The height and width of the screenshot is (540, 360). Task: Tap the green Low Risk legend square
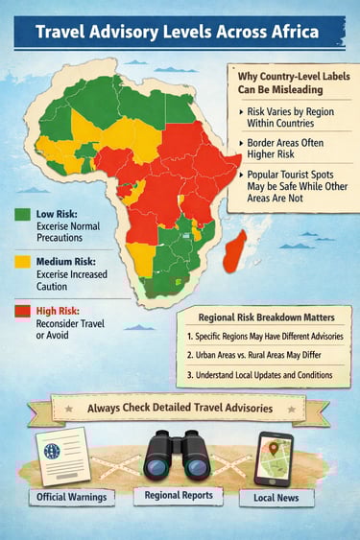pos(20,213)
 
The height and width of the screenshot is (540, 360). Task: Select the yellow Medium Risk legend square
pos(20,260)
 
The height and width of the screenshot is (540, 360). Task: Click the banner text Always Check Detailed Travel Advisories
pos(179,408)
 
